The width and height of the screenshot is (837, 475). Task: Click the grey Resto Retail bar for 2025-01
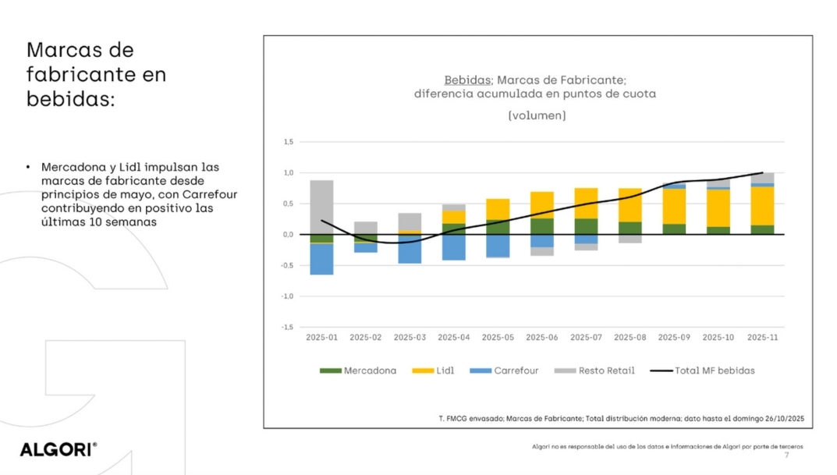(x=321, y=207)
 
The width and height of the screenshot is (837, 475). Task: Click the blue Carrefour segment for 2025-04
(x=454, y=247)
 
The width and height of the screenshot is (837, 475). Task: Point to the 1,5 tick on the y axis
(x=288, y=142)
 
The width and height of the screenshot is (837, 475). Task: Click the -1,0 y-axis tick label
(x=287, y=296)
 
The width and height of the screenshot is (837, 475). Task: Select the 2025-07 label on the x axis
(x=586, y=338)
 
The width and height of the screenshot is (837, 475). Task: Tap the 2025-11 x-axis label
(x=762, y=338)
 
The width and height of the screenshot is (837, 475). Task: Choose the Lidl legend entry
(x=435, y=370)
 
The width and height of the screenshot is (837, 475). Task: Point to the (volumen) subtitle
(x=537, y=115)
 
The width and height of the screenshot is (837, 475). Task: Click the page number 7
(x=786, y=455)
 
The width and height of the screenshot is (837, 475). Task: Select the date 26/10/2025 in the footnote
(x=782, y=419)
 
